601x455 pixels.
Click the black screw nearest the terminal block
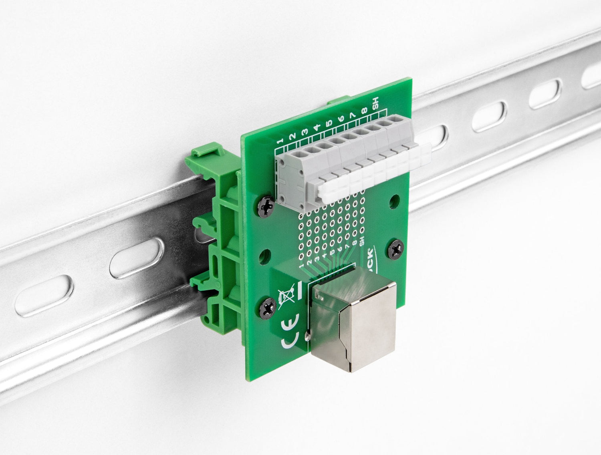point(266,205)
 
